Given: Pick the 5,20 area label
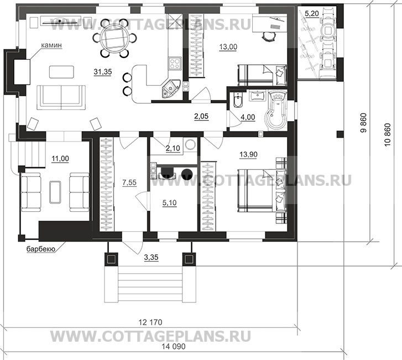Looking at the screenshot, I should (x=312, y=12).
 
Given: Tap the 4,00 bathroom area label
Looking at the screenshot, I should (x=247, y=117).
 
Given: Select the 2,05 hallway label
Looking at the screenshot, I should (x=201, y=116).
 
